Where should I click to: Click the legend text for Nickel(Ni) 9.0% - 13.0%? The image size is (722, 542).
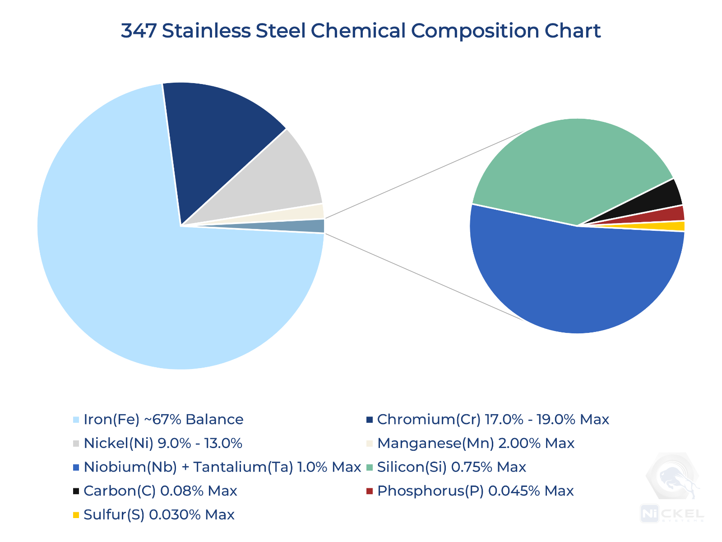163,443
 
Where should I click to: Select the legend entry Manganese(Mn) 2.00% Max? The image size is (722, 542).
476,443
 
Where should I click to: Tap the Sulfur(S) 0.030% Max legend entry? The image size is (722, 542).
159,514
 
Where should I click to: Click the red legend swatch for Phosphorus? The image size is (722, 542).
370,491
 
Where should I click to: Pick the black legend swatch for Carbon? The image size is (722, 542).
76,491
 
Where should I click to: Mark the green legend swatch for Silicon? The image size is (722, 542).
370,467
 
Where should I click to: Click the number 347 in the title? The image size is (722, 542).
138,31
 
